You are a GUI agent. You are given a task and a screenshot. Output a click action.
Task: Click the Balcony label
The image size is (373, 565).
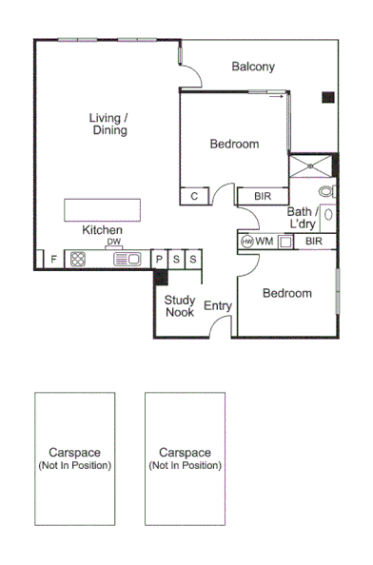[x=253, y=67]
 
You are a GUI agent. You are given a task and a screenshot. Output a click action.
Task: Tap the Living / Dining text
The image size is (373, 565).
[x=109, y=124]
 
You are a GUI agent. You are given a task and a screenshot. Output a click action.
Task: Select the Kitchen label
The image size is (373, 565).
[x=102, y=230]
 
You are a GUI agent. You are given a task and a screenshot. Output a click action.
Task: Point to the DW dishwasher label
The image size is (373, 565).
[x=113, y=242]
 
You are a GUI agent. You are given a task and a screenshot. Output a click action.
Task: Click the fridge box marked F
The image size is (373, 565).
[x=53, y=259]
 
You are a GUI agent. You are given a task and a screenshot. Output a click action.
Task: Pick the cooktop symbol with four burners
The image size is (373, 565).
[x=78, y=259]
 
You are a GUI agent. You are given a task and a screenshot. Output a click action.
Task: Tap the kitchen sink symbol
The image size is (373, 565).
[x=128, y=259]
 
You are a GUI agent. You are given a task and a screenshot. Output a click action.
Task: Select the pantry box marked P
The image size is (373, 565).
[x=160, y=259]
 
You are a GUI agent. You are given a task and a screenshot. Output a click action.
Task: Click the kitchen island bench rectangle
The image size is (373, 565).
[x=102, y=209]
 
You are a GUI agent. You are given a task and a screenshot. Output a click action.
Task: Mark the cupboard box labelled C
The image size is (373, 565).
[x=194, y=197]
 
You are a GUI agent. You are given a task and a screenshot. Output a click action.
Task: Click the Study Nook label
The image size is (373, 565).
[x=180, y=306]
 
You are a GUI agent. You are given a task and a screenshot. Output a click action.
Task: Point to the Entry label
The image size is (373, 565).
[x=218, y=306]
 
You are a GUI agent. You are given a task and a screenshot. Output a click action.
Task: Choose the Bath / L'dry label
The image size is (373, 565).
[x=304, y=218]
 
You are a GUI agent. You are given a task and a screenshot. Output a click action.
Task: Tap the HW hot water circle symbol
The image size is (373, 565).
[x=247, y=242]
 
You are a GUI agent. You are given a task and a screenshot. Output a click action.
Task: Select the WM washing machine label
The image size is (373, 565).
[x=265, y=242]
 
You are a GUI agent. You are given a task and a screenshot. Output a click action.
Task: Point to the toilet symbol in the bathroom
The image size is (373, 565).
[x=326, y=192]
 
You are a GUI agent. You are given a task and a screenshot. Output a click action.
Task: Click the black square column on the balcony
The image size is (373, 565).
[x=327, y=96]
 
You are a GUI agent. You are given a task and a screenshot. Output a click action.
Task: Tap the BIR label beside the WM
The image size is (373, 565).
[x=314, y=242]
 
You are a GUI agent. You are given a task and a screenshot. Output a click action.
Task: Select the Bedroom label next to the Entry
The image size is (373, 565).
[x=286, y=293]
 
